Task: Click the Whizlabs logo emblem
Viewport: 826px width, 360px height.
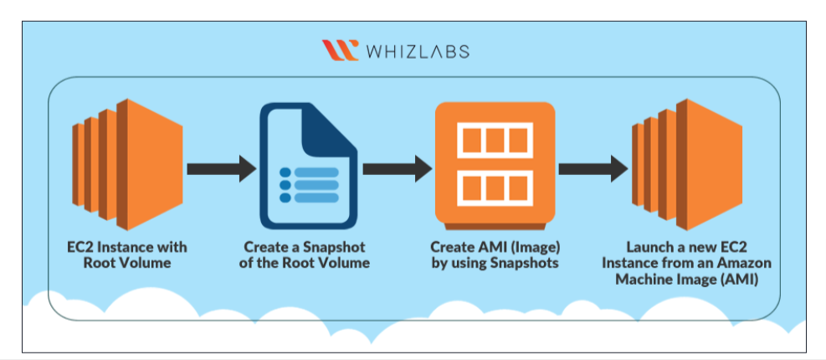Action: click(x=341, y=50)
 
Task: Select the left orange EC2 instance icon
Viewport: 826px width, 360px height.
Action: click(x=127, y=164)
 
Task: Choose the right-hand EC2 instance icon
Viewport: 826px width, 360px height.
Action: click(x=687, y=164)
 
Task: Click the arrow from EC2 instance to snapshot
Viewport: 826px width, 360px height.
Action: click(x=221, y=168)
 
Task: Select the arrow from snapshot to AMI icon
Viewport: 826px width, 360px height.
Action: click(x=398, y=168)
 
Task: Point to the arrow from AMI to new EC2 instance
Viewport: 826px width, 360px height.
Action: click(x=593, y=168)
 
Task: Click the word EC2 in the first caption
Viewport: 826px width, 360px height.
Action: click(x=79, y=247)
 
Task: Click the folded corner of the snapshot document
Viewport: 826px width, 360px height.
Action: click(x=329, y=126)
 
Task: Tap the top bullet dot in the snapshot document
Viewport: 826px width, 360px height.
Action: click(x=285, y=172)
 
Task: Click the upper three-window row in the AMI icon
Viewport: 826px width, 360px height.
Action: click(x=495, y=140)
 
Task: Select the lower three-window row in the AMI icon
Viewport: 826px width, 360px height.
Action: click(x=495, y=188)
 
